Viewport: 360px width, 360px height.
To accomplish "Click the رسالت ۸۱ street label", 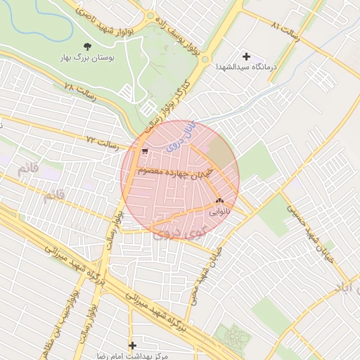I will coord(284,30).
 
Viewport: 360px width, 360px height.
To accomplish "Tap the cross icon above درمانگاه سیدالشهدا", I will coord(246,56).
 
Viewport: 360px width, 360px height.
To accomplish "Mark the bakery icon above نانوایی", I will coord(220,200).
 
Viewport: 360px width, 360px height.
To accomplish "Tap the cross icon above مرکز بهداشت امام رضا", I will coord(132,345).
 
